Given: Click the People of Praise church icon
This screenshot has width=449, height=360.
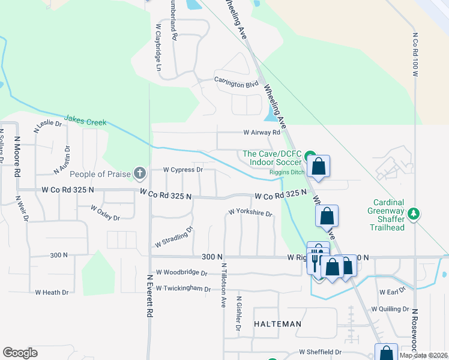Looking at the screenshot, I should (139, 174).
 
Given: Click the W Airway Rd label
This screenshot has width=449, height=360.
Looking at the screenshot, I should (262, 133).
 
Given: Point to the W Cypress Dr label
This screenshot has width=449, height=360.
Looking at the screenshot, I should (183, 170).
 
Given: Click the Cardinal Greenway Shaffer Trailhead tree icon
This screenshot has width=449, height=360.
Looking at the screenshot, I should (413, 214).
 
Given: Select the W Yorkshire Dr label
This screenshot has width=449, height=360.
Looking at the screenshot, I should (250, 213).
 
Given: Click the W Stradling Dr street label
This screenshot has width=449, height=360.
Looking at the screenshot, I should (173, 237).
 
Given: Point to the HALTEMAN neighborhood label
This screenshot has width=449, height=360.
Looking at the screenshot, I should (277, 324).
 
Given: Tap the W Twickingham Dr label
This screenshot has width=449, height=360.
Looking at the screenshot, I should (182, 289).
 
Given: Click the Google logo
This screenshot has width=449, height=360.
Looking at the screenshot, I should (20, 352).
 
